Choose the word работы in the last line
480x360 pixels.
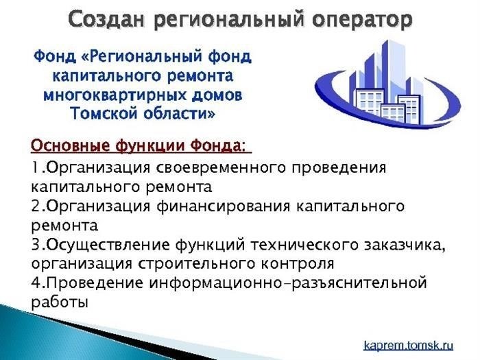pyautogui.click(x=60, y=302)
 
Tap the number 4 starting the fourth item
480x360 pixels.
pyautogui.click(x=36, y=283)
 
